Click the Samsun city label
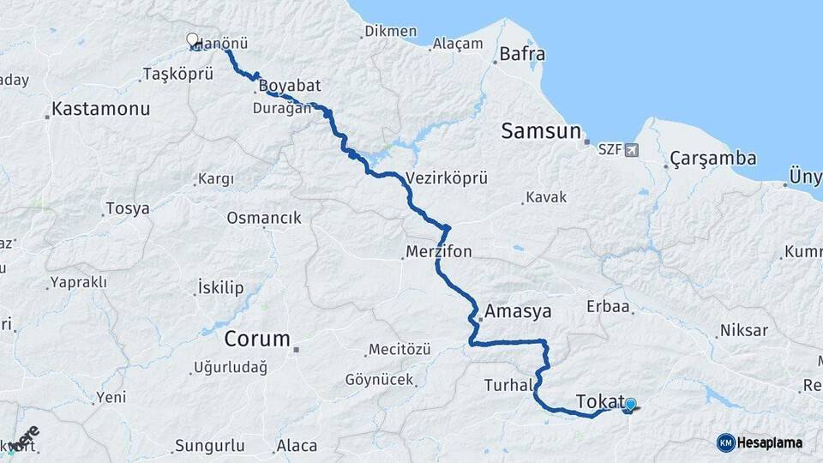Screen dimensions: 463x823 click(541, 131)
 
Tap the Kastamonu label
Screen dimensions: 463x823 click(100, 109)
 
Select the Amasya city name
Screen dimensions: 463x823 click(518, 310)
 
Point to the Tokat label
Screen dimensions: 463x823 click(598, 401)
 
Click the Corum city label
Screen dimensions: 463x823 click(257, 338)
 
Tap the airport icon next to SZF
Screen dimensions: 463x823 click(633, 150)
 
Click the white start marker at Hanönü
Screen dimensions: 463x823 click(192, 39)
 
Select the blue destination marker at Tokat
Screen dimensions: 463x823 click(630, 405)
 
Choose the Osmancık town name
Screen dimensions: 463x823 click(264, 218)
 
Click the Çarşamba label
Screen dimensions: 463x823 click(713, 159)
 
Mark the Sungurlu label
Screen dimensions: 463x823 click(209, 446)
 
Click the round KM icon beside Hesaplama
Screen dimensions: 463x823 click(725, 442)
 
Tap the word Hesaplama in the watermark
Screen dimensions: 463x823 click(769, 442)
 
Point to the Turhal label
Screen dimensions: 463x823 click(508, 385)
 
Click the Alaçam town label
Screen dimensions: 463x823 click(458, 45)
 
